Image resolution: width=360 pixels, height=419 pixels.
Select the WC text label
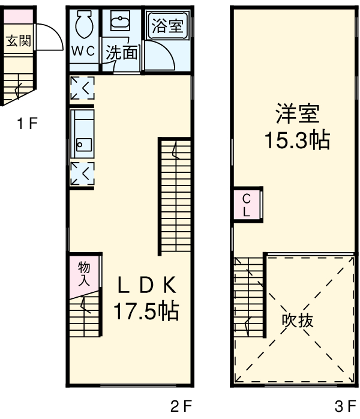point(83,52)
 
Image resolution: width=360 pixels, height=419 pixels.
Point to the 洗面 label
point(122,53)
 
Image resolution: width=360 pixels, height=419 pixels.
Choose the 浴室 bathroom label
point(167,26)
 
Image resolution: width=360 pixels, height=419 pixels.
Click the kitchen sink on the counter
point(81,145)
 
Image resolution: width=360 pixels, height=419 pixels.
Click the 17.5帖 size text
point(146,312)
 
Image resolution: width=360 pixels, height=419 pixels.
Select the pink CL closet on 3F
point(247,205)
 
